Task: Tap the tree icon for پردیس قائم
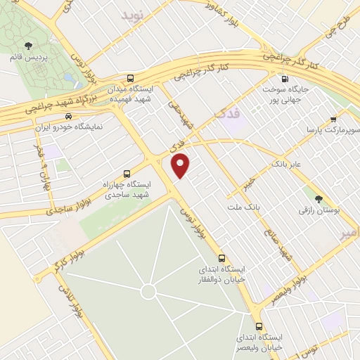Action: click(x=27, y=46)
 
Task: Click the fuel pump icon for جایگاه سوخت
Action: click(x=285, y=79)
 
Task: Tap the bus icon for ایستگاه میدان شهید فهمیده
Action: click(x=130, y=79)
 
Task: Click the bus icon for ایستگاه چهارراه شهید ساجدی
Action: click(x=127, y=173)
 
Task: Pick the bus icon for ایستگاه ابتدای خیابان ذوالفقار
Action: click(x=222, y=257)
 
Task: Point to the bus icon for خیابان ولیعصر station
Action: click(x=259, y=327)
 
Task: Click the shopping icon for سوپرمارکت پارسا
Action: click(x=333, y=119)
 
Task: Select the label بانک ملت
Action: click(x=244, y=207)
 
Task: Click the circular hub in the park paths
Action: click(x=148, y=290)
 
